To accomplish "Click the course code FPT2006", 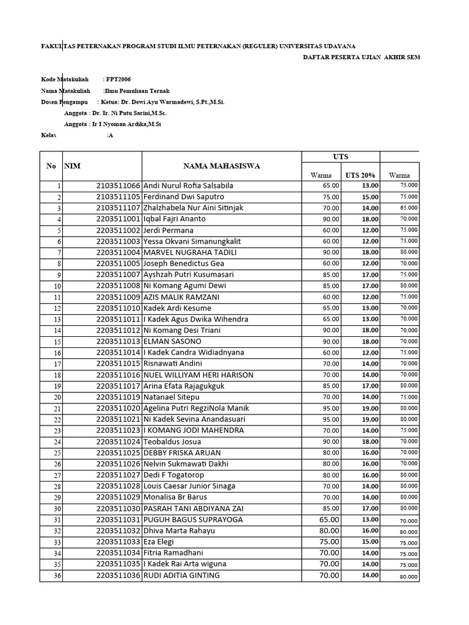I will coord(118,79).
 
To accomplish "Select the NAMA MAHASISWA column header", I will coord(222,165).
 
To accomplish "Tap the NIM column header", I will coord(72,165).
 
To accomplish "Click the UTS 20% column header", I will coord(360,175).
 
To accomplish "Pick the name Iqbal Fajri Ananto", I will coord(175,219).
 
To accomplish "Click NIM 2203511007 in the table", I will coord(118,275).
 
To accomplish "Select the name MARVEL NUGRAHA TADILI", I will coord(190,252).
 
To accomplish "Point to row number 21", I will coord(57,408).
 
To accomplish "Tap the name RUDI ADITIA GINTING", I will coord(181,575).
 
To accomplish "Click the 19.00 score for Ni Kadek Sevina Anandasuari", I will coord(370,419).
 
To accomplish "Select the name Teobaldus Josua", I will coord(172,442).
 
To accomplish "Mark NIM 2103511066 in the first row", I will coord(118,186).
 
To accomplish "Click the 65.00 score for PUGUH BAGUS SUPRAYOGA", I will coord(329,519).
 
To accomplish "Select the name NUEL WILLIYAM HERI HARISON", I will coord(198,375).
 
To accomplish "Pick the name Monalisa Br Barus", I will coord(173,497).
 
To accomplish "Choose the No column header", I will coord(51,165).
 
